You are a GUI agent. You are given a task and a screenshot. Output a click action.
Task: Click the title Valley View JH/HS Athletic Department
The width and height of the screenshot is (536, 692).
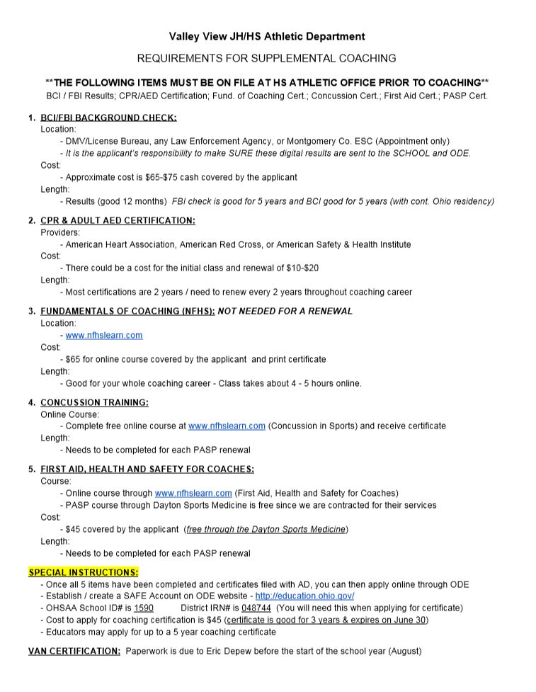pos(267,37)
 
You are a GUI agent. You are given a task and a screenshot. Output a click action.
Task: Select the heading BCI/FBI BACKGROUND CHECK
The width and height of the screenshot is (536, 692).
pos(108,118)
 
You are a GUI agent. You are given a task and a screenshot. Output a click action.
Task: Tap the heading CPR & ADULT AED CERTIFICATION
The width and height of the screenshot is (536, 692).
pos(118,220)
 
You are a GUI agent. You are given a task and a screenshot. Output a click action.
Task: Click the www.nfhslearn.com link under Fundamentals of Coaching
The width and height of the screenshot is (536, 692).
pos(104,335)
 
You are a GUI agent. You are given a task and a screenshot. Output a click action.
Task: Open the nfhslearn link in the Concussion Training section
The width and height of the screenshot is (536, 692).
pos(227,426)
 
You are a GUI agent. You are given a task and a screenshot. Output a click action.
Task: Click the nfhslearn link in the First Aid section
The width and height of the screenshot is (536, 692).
pos(193,493)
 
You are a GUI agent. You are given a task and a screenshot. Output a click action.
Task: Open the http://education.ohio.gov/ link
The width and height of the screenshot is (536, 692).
pos(304,596)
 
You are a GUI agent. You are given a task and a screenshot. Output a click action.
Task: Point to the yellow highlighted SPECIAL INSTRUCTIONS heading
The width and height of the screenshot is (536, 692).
pos(84,572)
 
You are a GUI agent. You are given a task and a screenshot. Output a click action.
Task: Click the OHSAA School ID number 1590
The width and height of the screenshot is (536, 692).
pos(144,608)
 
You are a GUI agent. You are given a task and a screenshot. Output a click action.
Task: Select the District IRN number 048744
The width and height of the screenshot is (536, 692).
pos(256,608)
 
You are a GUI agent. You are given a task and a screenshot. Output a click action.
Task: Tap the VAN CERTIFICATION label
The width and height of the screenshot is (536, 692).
pos(74,651)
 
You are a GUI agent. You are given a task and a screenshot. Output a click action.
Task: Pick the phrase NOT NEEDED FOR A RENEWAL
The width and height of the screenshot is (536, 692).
pos(285,311)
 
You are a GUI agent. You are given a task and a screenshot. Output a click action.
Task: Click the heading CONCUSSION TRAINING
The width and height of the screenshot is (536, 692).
pos(94,402)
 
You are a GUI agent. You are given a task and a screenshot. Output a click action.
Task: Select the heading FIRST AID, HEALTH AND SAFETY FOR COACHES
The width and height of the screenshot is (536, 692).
pos(147,469)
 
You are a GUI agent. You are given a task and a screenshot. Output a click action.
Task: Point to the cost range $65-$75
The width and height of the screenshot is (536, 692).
pos(174,177)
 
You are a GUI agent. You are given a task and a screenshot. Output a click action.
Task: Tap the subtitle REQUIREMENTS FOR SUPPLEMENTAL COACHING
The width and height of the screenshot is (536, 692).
pos(266,58)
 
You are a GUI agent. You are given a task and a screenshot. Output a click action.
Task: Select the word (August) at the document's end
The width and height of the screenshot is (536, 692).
pos(404,651)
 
